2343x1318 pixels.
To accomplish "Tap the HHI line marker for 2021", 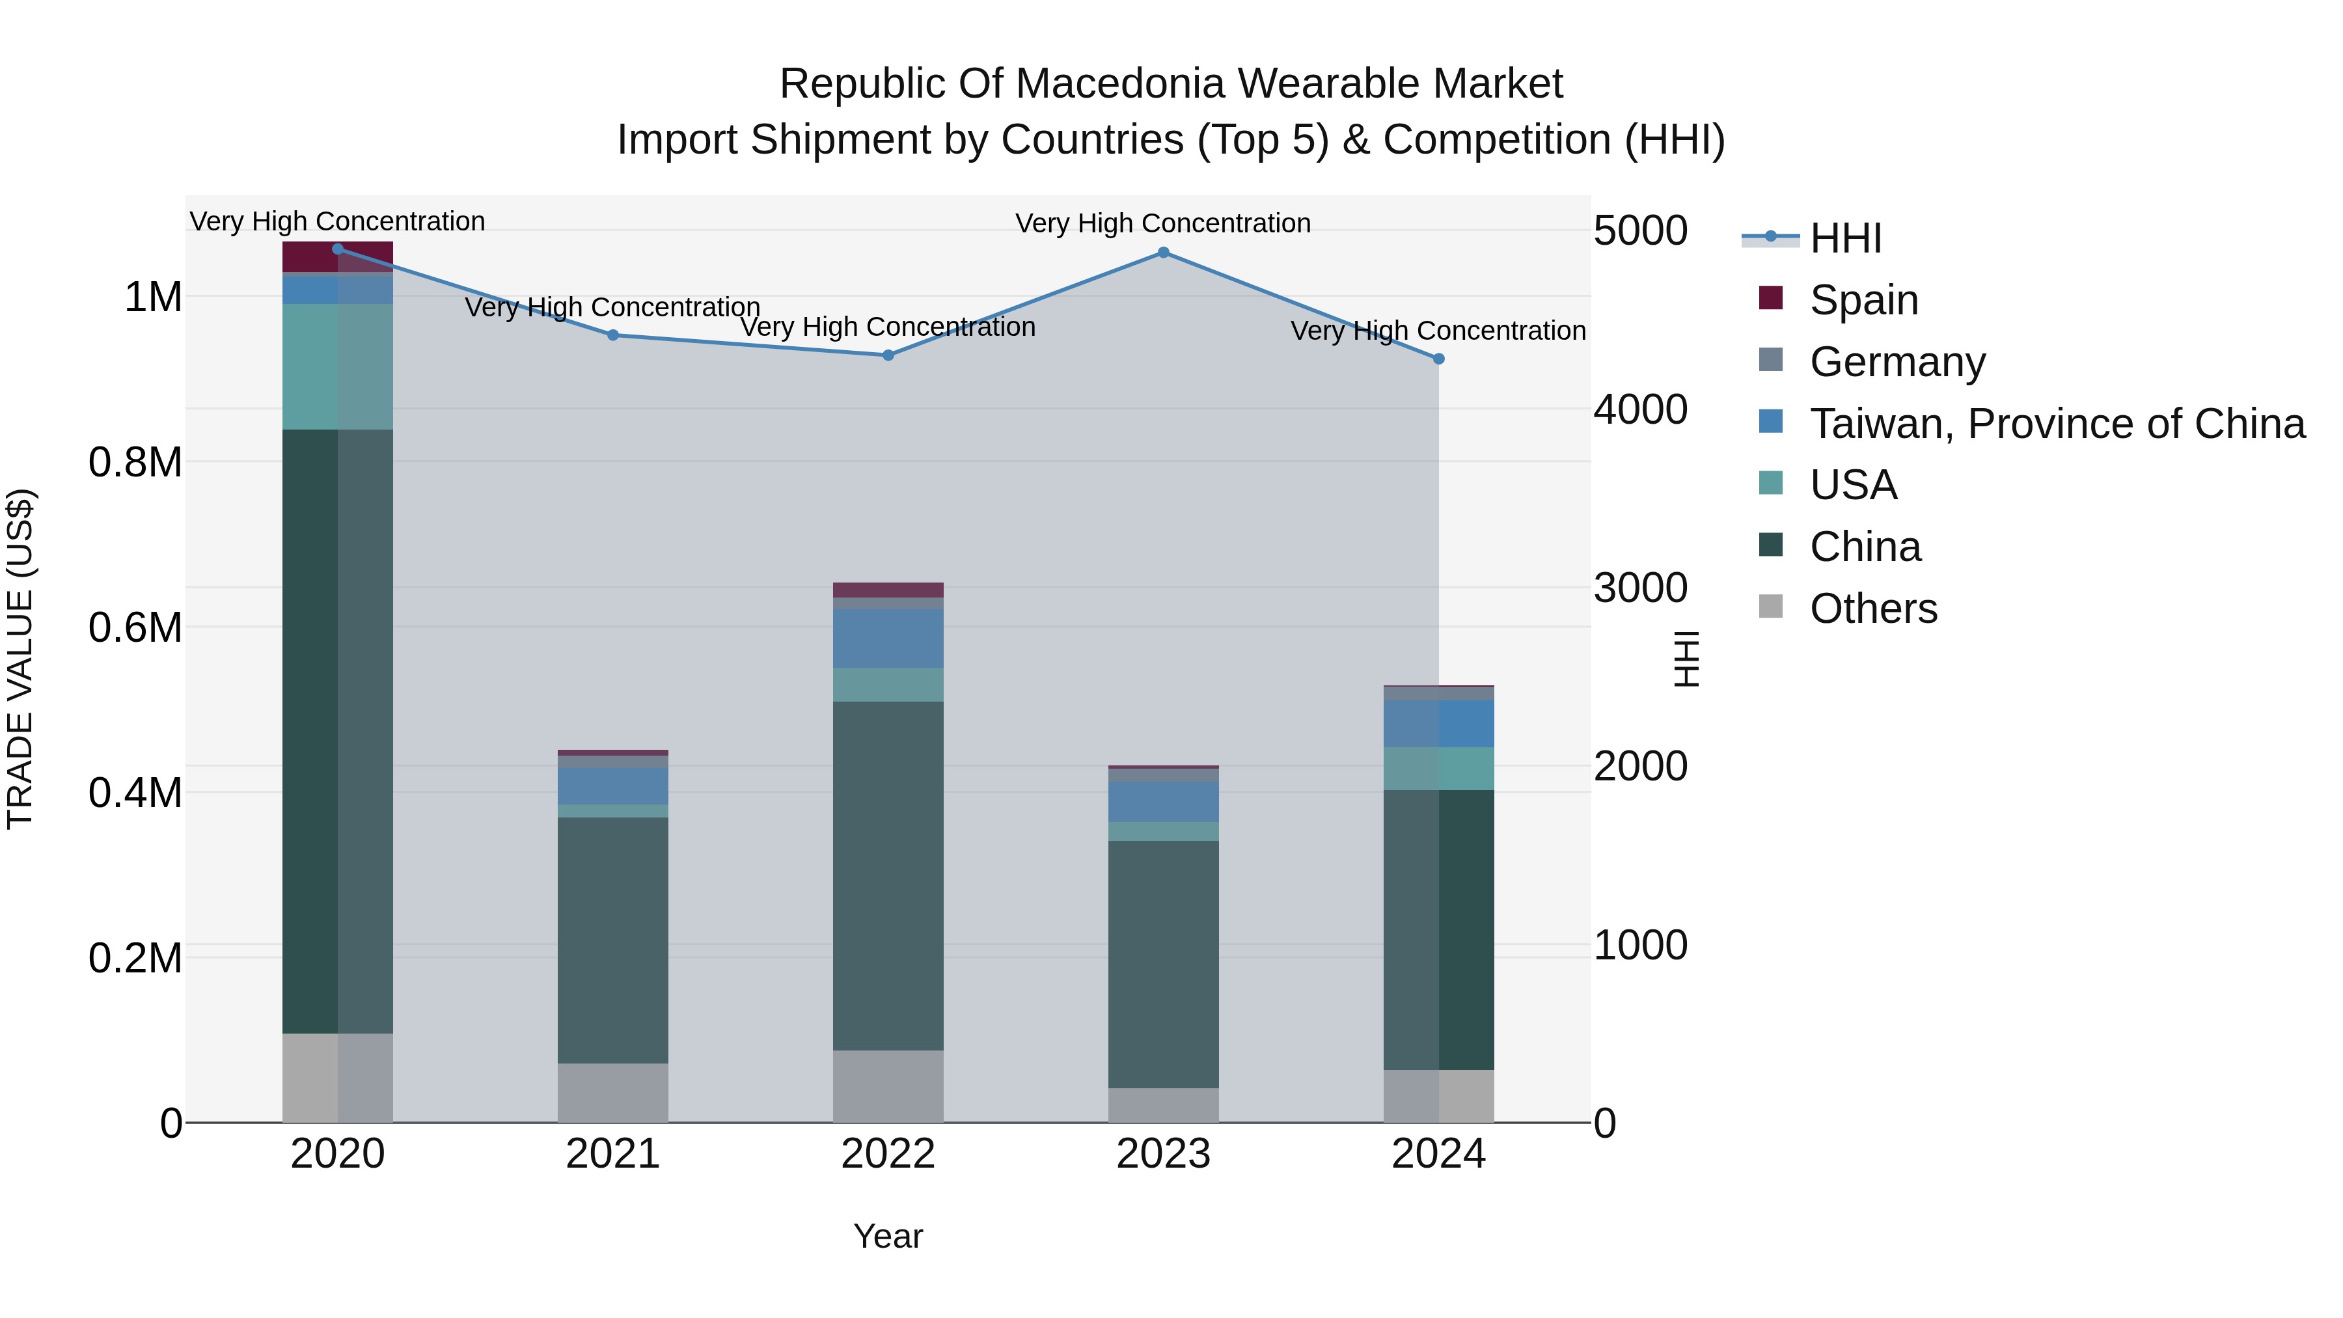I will click(x=613, y=335).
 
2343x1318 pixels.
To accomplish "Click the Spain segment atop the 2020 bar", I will click(x=309, y=257).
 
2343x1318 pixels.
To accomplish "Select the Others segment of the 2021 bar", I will click(x=613, y=1092).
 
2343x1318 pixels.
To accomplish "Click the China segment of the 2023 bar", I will click(x=1163, y=964).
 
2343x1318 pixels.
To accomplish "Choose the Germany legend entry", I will click(x=1897, y=362).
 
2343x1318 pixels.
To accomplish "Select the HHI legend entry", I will click(x=1844, y=238).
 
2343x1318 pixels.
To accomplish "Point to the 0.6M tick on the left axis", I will click(x=135, y=627).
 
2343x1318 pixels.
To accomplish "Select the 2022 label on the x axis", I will click(x=888, y=1154).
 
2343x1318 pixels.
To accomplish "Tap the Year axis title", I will click(x=888, y=1236).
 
